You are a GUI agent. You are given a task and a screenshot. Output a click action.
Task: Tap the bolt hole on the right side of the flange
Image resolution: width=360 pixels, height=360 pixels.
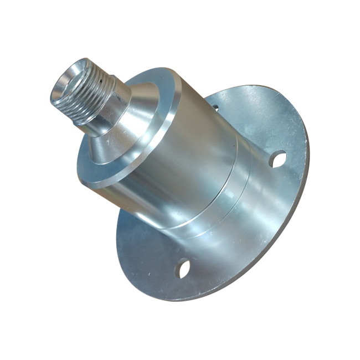[x=277, y=159]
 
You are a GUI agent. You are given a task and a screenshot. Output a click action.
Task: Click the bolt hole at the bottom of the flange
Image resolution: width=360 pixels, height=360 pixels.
[x=183, y=269]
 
